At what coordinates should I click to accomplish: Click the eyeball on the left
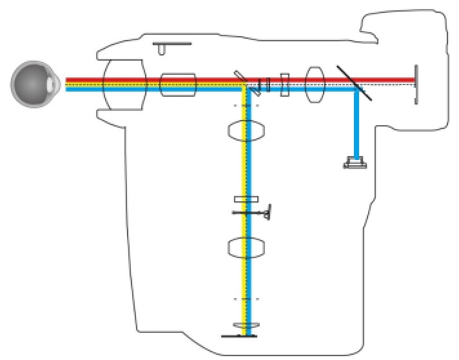tap(32, 85)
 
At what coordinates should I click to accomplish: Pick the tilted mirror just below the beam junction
tap(256, 91)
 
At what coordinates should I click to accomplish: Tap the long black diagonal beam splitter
tap(352, 81)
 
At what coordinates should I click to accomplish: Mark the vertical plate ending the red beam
tap(416, 83)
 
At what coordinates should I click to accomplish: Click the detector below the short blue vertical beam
tap(355, 163)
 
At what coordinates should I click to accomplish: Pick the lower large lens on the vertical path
tap(246, 247)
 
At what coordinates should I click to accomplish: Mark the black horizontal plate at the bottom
tap(239, 336)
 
